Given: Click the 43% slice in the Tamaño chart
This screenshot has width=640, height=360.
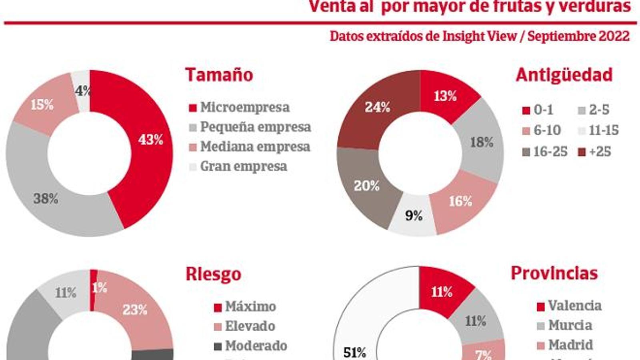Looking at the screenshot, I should coord(150,140).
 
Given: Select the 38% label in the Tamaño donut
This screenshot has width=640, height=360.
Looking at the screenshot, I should coord(46,198).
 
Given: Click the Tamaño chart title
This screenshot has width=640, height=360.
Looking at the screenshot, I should coord(219,75).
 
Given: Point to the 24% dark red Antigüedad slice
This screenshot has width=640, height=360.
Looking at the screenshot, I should coord(377,107).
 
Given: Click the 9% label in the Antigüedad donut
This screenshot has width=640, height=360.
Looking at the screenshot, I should coord(414,216).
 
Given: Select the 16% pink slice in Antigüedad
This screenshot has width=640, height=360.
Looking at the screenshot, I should coord(460,201).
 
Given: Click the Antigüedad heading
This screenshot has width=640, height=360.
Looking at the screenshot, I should coord(564,75).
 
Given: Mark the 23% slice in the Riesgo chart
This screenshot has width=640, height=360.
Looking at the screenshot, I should coord(135,310).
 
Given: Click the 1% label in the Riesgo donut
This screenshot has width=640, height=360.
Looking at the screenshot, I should coord(99,288).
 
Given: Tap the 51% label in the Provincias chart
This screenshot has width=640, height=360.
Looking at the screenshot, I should coord(355,352).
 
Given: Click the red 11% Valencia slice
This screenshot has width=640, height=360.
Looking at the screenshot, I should coord(442,292).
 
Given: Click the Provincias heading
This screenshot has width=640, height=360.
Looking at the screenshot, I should coord(554,273).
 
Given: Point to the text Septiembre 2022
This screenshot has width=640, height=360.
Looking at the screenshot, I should coord(578,36).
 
